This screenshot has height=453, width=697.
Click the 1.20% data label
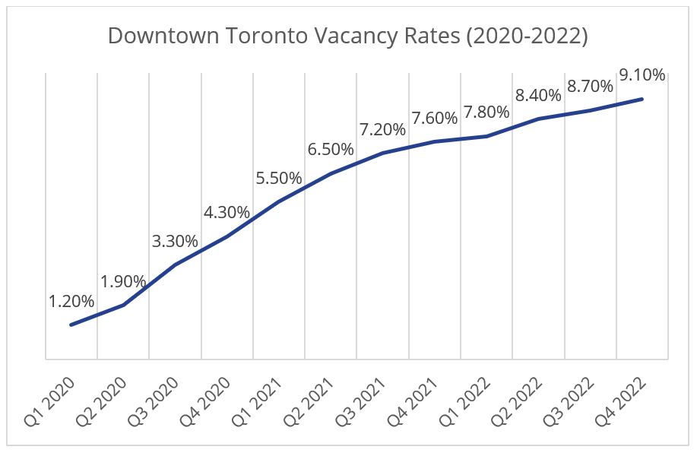pyautogui.click(x=71, y=302)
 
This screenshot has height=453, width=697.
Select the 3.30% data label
pyautogui.click(x=175, y=242)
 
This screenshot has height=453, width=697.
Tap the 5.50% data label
pyautogui.click(x=279, y=179)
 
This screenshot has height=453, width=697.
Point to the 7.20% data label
pyautogui.click(x=382, y=129)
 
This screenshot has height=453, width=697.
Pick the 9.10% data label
pyautogui.click(x=642, y=75)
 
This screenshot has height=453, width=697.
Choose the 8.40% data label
pyautogui.click(x=538, y=96)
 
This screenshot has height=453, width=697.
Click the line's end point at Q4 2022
pyautogui.click(x=643, y=99)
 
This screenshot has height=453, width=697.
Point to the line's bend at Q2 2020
pyautogui.click(x=123, y=305)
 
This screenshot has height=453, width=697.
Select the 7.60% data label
pyautogui.click(x=435, y=119)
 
